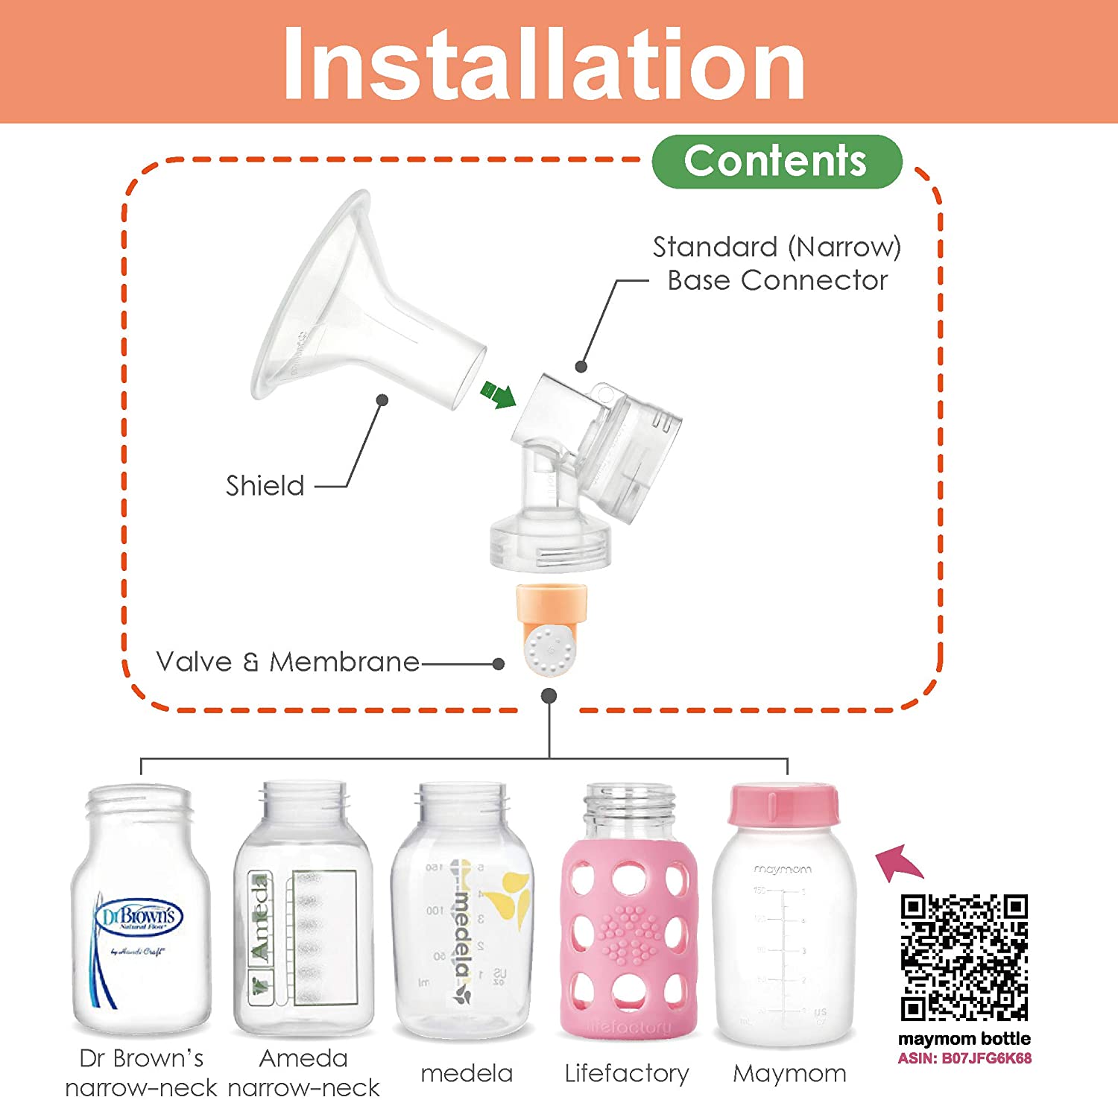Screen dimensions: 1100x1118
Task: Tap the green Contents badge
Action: tap(776, 161)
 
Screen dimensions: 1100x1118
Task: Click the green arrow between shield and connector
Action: tap(499, 393)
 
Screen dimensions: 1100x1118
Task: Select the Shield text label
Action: tap(265, 486)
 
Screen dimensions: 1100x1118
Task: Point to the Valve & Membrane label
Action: tap(288, 662)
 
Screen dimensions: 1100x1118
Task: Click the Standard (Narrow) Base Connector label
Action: tap(777, 264)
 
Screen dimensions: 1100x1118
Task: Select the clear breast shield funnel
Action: tap(350, 313)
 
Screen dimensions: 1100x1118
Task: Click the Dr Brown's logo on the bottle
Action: tap(139, 917)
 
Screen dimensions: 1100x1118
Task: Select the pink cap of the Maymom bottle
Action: tap(783, 805)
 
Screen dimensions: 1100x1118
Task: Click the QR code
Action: tap(964, 958)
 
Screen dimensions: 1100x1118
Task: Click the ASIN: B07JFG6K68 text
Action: tap(964, 1058)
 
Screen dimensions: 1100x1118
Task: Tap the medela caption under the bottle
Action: tap(467, 1073)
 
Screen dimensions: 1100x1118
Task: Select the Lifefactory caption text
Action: tap(627, 1073)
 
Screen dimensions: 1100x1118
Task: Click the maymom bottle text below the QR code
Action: tap(964, 1038)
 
